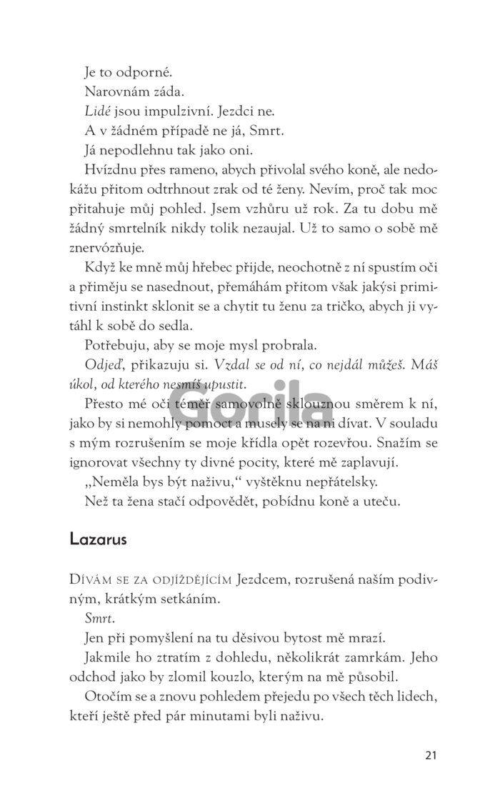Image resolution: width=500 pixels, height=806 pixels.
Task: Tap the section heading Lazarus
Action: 98,519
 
